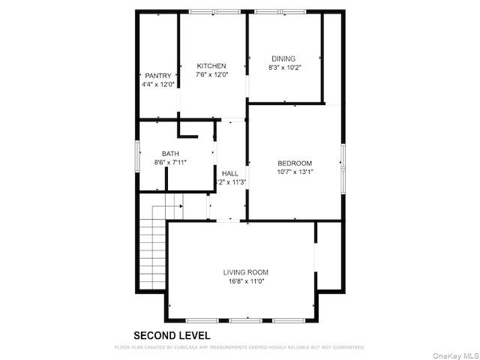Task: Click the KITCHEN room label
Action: click(211, 66)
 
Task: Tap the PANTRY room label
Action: click(158, 76)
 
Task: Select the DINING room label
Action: click(283, 58)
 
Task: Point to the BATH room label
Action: click(170, 153)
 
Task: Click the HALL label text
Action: click(229, 173)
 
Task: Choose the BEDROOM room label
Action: click(295, 163)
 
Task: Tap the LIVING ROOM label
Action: click(245, 272)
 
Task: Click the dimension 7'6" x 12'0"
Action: click(211, 75)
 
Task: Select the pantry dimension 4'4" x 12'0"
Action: click(158, 85)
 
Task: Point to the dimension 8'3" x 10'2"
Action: click(285, 67)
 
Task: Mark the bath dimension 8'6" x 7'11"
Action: click(170, 162)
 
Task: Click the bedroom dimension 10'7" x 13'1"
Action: click(295, 172)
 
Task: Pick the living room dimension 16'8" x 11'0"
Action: click(245, 281)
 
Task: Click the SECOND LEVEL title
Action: click(172, 336)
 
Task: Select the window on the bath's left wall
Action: click(137, 157)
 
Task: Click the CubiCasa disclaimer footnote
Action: click(239, 348)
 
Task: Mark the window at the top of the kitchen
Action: click(214, 11)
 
